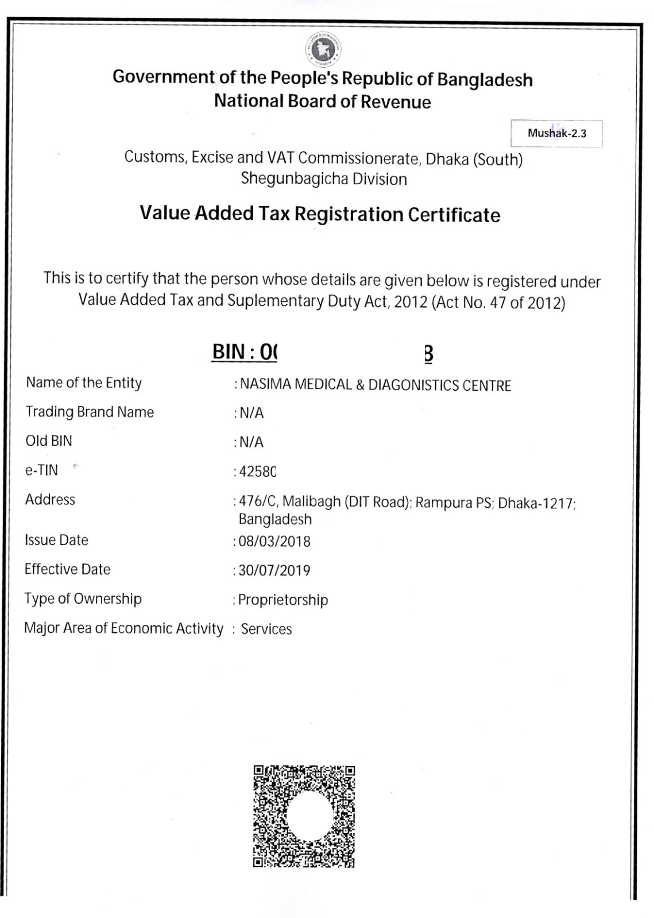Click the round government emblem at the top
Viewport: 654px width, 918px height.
click(x=325, y=49)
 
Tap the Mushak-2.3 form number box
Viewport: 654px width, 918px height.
click(x=556, y=134)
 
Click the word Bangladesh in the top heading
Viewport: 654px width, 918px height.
click(x=485, y=79)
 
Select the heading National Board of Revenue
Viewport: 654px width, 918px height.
click(x=322, y=102)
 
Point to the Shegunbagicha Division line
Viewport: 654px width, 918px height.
click(x=324, y=179)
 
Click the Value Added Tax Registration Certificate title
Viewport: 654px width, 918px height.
click(x=320, y=214)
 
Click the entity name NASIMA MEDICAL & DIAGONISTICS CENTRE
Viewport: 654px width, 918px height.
click(x=376, y=384)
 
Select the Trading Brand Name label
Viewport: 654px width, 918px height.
click(x=90, y=412)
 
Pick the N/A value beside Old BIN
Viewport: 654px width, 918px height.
click(x=251, y=442)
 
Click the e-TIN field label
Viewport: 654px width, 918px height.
click(x=41, y=470)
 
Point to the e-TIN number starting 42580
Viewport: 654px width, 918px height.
click(x=258, y=472)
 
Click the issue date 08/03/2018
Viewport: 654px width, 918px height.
click(x=274, y=541)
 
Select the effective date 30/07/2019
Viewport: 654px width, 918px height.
click(x=274, y=570)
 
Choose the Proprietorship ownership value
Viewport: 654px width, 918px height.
click(x=283, y=600)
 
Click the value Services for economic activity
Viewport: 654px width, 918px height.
click(x=266, y=629)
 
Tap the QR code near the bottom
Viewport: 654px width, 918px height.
click(x=304, y=816)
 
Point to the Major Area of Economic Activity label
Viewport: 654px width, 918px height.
click(x=123, y=628)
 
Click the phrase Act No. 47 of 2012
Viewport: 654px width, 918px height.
click(x=498, y=302)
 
